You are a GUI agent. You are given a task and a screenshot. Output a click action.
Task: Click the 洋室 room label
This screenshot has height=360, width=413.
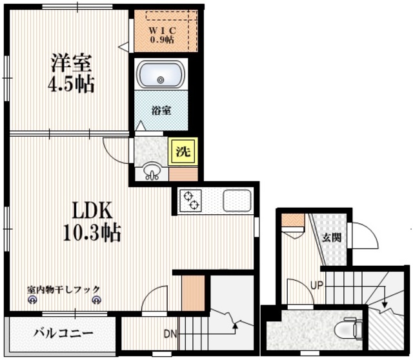tap(72, 63)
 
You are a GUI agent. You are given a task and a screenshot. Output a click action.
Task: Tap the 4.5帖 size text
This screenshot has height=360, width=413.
tap(72, 84)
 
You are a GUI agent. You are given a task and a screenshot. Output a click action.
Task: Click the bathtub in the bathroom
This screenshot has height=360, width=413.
tap(161, 76)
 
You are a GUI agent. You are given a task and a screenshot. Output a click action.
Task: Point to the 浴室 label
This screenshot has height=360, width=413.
tap(161, 110)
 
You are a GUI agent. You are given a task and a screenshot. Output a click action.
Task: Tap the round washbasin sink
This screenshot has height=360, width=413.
tap(152, 172)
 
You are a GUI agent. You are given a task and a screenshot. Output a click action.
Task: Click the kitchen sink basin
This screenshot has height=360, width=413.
tap(236, 201)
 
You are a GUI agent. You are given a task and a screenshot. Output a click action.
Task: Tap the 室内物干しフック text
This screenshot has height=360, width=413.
tap(63, 289)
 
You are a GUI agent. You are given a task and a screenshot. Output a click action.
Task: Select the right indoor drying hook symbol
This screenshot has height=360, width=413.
tap(97, 299)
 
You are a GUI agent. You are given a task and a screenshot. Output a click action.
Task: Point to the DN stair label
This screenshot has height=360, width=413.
tap(170, 334)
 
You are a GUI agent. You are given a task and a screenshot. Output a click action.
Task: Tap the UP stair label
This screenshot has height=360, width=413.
tap(316, 285)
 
